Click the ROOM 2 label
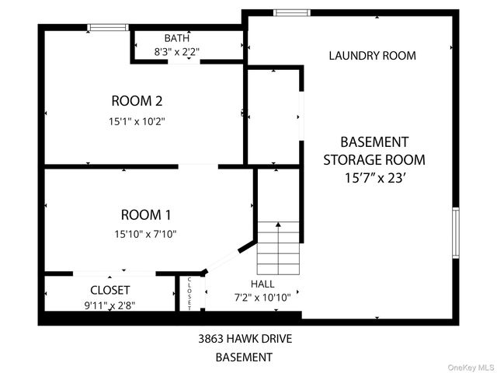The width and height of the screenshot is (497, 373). pyautogui.click(x=137, y=100)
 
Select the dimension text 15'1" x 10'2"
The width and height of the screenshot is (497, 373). pyautogui.click(x=137, y=121)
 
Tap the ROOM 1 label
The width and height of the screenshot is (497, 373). pyautogui.click(x=147, y=214)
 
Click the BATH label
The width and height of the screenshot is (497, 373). pyautogui.click(x=176, y=38)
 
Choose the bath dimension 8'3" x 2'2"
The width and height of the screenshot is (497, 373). pyautogui.click(x=176, y=52)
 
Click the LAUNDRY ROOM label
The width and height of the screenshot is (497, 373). pyautogui.click(x=372, y=55)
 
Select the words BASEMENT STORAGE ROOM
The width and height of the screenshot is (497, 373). pyautogui.click(x=374, y=151)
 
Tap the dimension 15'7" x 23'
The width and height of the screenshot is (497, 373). pyautogui.click(x=374, y=178)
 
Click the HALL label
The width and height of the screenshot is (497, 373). pyautogui.click(x=262, y=284)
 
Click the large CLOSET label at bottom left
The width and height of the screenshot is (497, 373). pyautogui.click(x=110, y=290)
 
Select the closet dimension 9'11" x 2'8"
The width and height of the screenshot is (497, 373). pyautogui.click(x=110, y=305)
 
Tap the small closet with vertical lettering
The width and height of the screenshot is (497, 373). pyautogui.click(x=189, y=293)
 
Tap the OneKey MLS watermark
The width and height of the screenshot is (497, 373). pyautogui.click(x=468, y=367)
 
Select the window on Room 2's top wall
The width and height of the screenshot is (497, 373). pyautogui.click(x=108, y=27)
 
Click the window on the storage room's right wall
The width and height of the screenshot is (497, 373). pyautogui.click(x=456, y=232)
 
